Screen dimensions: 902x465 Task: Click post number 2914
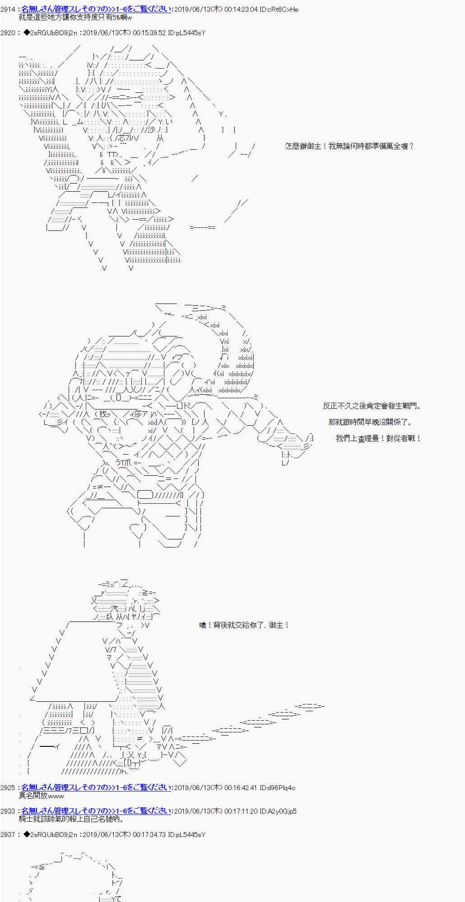coord(8,9)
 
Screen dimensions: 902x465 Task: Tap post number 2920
coord(8,33)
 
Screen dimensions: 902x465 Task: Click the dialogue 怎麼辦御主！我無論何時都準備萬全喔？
coord(349,146)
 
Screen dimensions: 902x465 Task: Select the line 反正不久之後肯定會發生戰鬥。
coord(372,406)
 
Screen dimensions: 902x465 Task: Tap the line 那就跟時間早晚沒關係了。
coord(370,422)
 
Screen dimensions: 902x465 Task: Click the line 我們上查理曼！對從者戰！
coord(378,438)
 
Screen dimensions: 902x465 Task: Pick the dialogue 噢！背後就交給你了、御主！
coord(244,625)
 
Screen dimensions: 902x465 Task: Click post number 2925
coord(8,788)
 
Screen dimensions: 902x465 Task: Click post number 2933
coord(8,811)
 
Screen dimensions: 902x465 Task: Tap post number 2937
coord(8,835)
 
